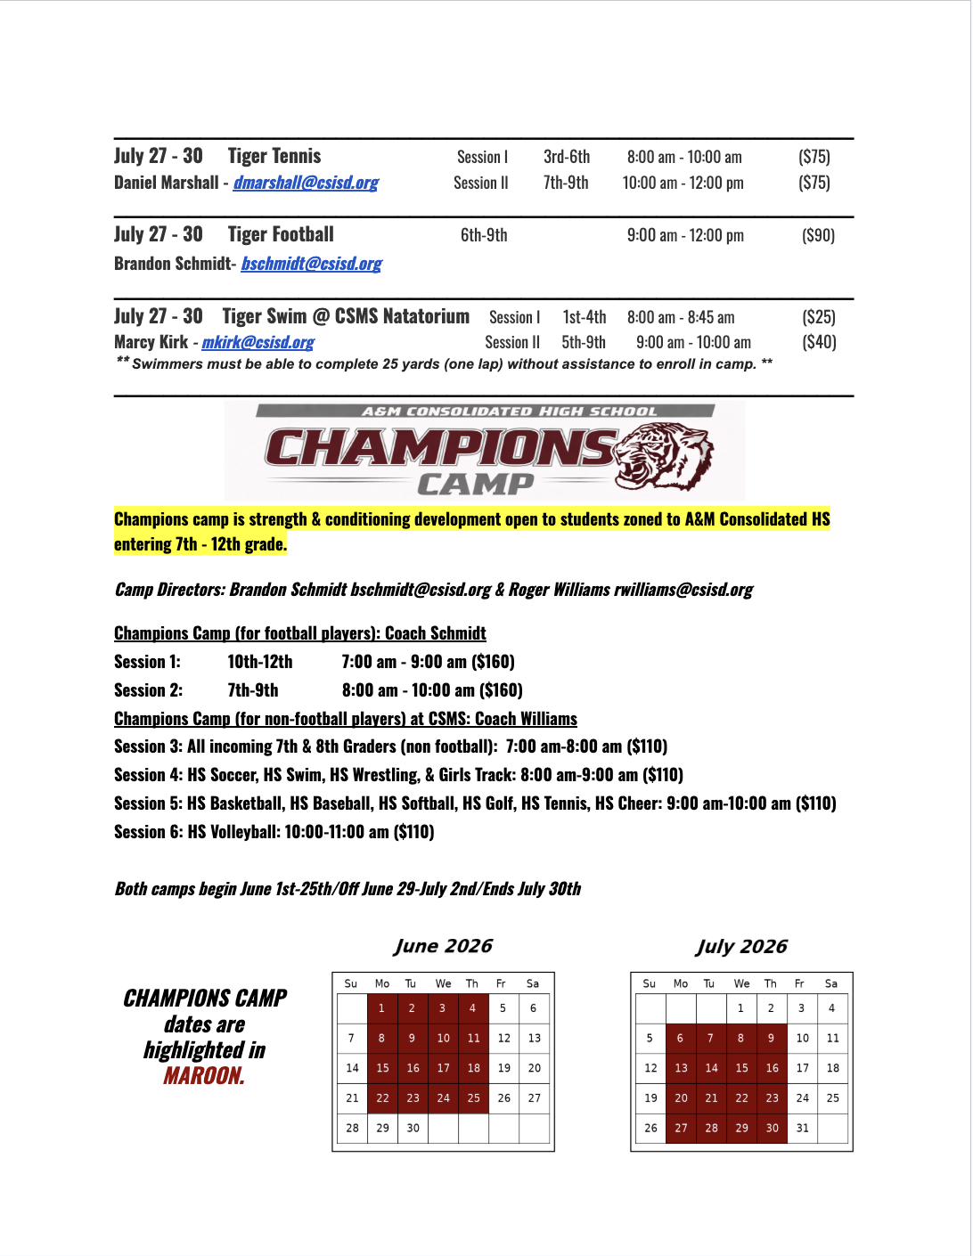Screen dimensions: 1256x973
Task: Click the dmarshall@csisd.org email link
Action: point(306,183)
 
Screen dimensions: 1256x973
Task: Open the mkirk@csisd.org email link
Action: point(258,342)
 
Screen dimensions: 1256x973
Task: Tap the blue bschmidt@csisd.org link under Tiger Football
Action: point(311,264)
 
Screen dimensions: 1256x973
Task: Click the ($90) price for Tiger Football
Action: point(818,235)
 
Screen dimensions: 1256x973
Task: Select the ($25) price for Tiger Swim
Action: point(818,317)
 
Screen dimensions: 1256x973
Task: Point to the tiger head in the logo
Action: point(664,455)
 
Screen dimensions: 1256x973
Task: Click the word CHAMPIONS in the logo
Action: point(440,448)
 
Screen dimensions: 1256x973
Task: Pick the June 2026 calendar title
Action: point(443,946)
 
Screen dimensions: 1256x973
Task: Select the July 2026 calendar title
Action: point(741,946)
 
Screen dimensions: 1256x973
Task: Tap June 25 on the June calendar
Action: point(473,1098)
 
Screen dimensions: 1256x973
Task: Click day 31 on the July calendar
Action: point(802,1128)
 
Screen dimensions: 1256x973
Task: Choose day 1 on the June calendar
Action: point(381,1008)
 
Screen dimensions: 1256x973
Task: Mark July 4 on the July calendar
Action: point(831,1008)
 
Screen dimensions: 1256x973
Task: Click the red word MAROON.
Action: point(204,1076)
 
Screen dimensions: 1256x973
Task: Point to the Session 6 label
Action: point(148,832)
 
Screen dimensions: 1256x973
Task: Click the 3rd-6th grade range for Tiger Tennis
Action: point(567,157)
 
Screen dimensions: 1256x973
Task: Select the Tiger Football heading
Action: point(281,234)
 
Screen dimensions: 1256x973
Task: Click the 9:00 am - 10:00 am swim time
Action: point(693,342)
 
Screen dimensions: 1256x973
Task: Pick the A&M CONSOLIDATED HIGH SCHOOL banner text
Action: point(509,412)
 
